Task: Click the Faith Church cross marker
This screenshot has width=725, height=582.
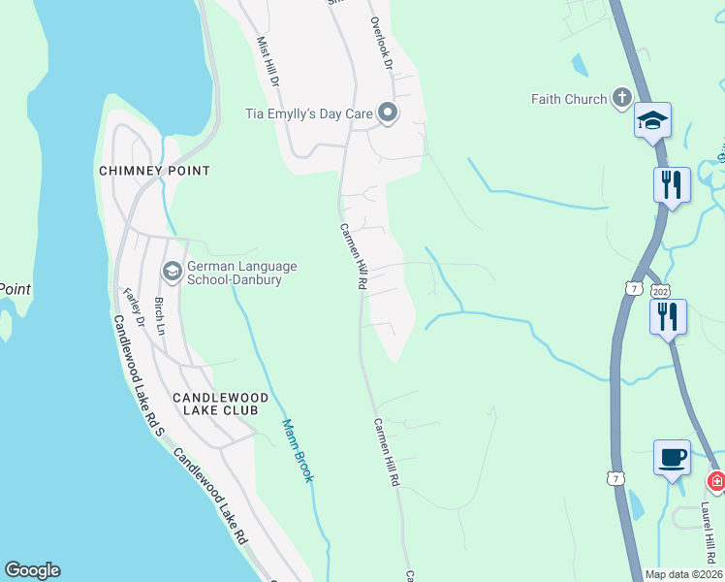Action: (621, 98)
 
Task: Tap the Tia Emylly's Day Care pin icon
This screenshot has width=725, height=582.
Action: (388, 114)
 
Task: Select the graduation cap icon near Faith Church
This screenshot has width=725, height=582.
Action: (653, 121)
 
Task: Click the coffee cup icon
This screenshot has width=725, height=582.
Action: (672, 456)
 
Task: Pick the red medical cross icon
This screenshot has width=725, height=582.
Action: (716, 481)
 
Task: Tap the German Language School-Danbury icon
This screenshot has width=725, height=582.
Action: (173, 271)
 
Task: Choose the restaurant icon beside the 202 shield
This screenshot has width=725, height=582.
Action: (669, 316)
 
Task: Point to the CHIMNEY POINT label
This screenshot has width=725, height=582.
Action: (154, 171)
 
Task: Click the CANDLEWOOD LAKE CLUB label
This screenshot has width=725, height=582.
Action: (215, 404)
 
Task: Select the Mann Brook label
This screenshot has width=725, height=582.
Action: (298, 450)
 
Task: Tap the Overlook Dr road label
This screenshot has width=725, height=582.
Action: (381, 42)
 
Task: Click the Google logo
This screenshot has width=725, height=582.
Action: (32, 570)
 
